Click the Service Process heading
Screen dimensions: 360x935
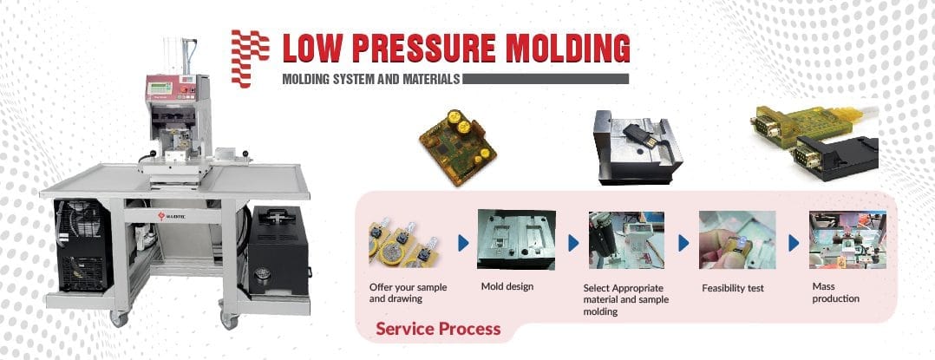pyautogui.click(x=437, y=329)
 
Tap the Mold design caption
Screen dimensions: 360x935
pyautogui.click(x=507, y=286)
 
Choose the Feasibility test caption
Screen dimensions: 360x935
pyautogui.click(x=732, y=288)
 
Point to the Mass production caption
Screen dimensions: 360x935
pyautogui.click(x=835, y=292)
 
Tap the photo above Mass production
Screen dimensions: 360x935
pyautogui.click(x=847, y=240)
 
